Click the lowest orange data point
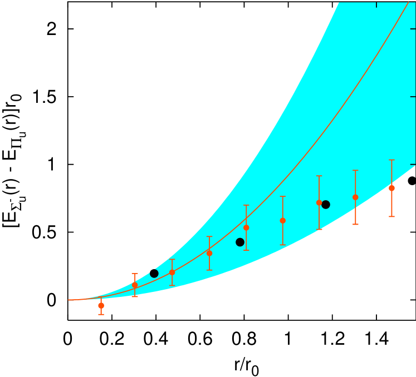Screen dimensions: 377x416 coord(101,305)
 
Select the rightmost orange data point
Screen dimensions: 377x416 coord(391,188)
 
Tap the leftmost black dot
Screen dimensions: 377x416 coord(154,274)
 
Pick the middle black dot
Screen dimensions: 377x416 coord(240,242)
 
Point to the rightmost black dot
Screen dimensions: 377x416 coord(326,205)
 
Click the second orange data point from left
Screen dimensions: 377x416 coord(135,285)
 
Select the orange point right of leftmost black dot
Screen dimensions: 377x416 coord(172,272)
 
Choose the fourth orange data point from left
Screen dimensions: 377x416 coord(209,253)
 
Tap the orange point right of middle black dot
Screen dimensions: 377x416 coord(246,227)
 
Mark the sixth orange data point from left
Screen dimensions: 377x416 coord(283,221)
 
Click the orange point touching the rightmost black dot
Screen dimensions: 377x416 coord(319,202)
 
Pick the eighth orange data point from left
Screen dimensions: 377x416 coord(355,197)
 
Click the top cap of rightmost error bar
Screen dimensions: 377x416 coord(391,160)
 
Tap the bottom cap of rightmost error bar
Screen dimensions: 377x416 coord(391,216)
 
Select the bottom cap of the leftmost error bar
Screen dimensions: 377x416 coord(101,315)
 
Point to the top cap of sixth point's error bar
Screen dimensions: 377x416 coord(283,196)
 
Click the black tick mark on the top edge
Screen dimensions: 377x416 coord(376,4)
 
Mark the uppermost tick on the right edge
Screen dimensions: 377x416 coord(413,28)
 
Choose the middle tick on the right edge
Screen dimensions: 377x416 coord(413,97)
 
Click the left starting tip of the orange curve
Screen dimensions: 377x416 coord(69,300)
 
